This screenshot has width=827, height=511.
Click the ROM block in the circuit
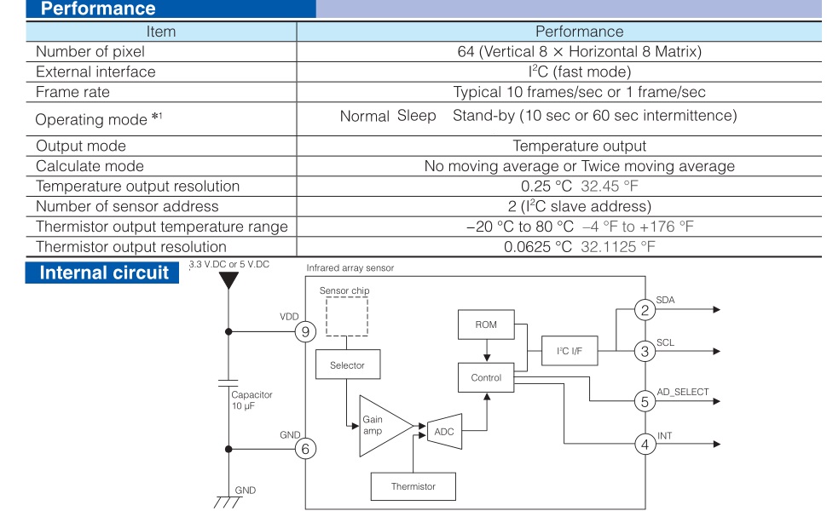point(486,324)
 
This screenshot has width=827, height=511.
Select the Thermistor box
point(413,486)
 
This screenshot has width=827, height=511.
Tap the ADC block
point(444,432)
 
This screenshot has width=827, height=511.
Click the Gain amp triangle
point(383,426)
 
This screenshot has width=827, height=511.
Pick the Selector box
point(348,365)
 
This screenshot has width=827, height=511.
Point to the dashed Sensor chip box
point(346,317)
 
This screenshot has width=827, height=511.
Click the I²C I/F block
point(570,351)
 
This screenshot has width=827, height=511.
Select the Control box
point(486,378)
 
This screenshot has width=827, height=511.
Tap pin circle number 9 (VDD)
point(305,332)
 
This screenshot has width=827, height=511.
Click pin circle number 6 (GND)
point(305,449)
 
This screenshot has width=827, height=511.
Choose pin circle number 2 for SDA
point(645,310)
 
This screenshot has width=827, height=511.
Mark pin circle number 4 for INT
point(645,444)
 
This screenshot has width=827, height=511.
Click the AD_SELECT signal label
point(682,392)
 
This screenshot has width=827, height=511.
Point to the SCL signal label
point(665,342)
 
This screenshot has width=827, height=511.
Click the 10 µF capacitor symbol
point(228,382)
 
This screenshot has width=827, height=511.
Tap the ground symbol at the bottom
point(228,502)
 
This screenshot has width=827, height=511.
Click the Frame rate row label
point(72,92)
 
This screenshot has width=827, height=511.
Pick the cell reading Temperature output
point(579,146)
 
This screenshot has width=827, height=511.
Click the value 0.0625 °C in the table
point(537,246)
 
